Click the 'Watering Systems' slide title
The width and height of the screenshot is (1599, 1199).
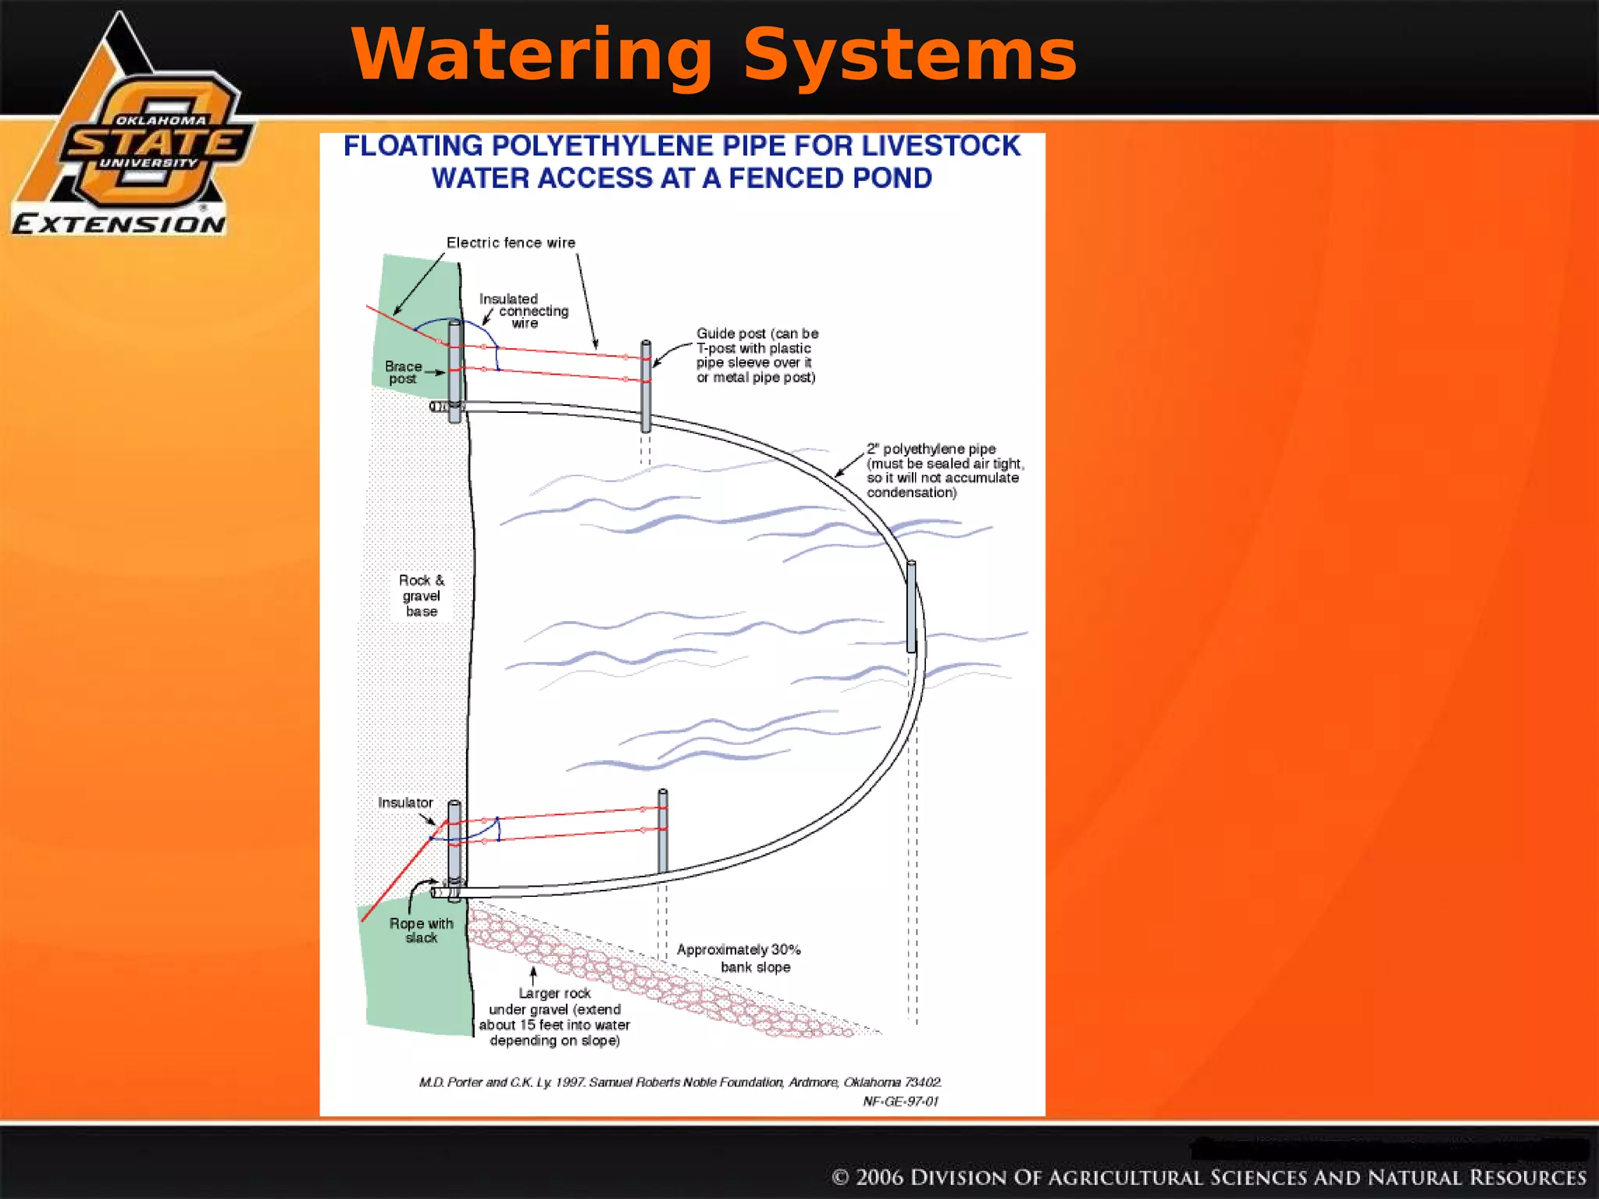[714, 55]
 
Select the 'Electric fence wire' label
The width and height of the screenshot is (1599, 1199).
[511, 243]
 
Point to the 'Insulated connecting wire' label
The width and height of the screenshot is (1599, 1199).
[523, 311]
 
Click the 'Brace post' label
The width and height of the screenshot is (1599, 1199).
[403, 372]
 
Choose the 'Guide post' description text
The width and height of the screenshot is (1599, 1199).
[757, 355]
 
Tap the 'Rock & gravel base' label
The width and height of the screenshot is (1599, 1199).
[422, 596]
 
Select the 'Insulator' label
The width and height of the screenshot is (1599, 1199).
[405, 802]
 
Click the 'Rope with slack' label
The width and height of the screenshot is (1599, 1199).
[422, 930]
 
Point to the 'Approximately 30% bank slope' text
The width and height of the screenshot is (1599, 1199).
[739, 958]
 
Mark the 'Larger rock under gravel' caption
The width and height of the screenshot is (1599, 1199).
[554, 1016]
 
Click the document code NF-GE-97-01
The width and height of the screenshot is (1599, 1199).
[900, 1101]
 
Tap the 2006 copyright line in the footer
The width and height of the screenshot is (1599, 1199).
[1209, 1177]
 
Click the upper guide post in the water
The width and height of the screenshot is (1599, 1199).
[646, 386]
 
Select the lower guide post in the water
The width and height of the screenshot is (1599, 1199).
[663, 831]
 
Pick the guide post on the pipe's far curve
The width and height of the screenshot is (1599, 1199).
[911, 607]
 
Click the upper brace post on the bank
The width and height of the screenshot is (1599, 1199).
[454, 372]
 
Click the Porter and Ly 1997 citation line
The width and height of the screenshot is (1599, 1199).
[680, 1082]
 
